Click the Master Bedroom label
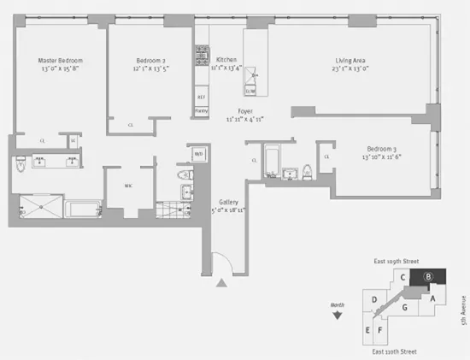[60, 61]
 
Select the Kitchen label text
[226, 60]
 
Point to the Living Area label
[351, 61]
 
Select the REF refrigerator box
[203, 97]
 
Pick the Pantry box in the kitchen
[203, 110]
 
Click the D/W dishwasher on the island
[251, 90]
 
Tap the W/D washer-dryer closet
[198, 155]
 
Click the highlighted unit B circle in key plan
[430, 276]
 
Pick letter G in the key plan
[404, 306]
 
